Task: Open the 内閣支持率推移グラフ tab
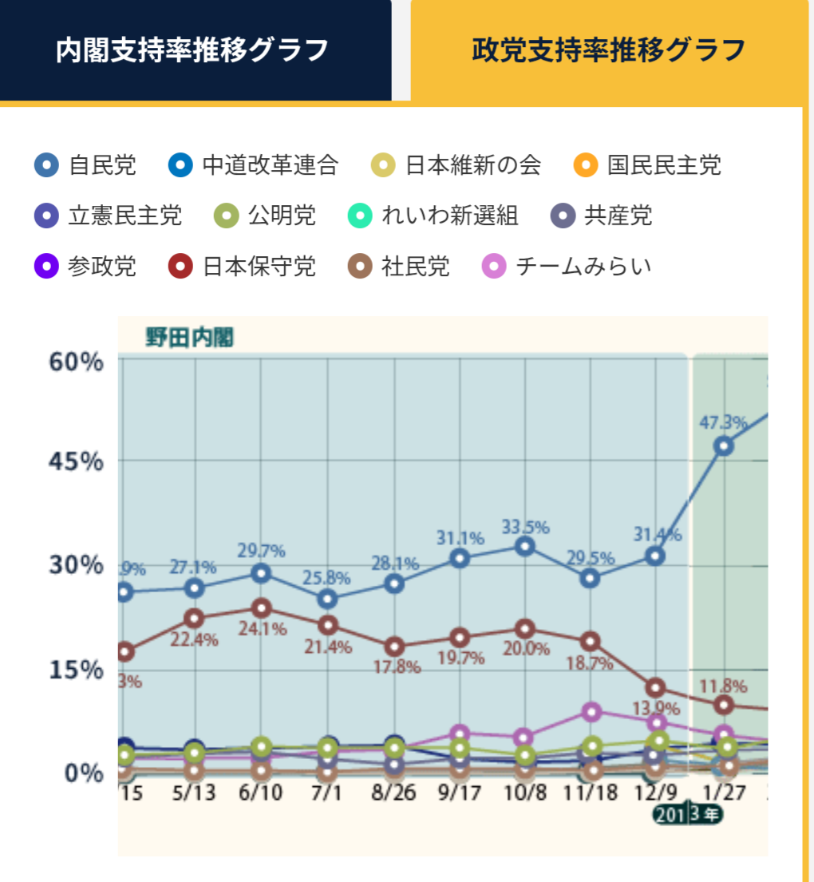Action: [193, 50]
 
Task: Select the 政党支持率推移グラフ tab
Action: [608, 50]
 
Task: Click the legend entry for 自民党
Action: [86, 165]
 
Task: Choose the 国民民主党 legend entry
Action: [647, 165]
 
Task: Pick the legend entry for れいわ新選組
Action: [435, 215]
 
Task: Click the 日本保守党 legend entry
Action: [243, 266]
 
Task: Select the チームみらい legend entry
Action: [568, 266]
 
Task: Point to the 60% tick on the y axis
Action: [77, 362]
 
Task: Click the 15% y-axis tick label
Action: [77, 669]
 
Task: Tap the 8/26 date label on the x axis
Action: [393, 794]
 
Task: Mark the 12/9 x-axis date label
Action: [655, 794]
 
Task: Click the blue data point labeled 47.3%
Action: [723, 446]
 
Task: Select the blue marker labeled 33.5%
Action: [524, 546]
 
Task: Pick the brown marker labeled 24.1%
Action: [261, 608]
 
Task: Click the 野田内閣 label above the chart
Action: [189, 337]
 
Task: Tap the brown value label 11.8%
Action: [723, 686]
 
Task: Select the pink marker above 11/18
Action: [591, 711]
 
